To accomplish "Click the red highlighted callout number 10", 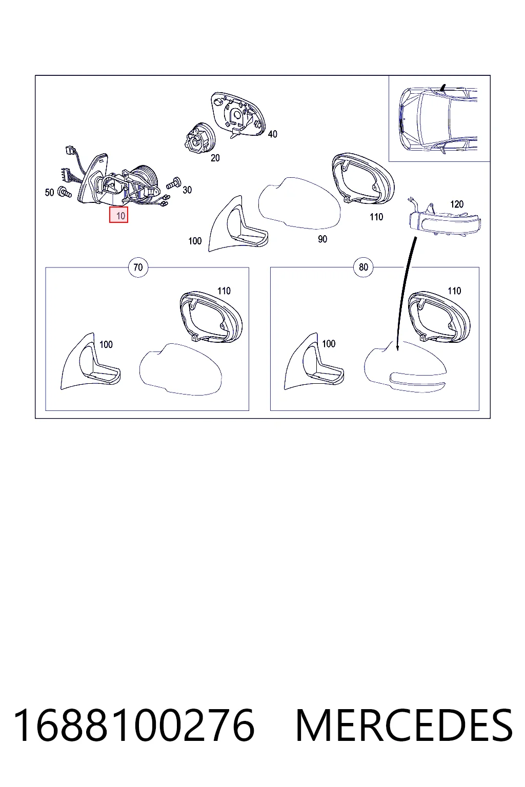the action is (118, 215).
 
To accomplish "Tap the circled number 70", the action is (138, 267).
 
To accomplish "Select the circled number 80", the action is (364, 267).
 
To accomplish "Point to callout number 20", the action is (215, 158).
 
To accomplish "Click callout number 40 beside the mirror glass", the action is (273, 134).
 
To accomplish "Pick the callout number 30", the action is (187, 190).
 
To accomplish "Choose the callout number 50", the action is (50, 193).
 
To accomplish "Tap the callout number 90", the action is (322, 239).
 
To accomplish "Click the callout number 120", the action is (457, 204).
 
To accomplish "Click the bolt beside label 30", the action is (173, 183).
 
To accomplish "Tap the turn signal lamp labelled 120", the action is (444, 220).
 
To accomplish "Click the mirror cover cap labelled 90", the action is (299, 204).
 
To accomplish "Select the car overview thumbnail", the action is (439, 119).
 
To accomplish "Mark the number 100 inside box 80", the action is (329, 344).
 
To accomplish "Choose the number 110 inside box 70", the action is (224, 291).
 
